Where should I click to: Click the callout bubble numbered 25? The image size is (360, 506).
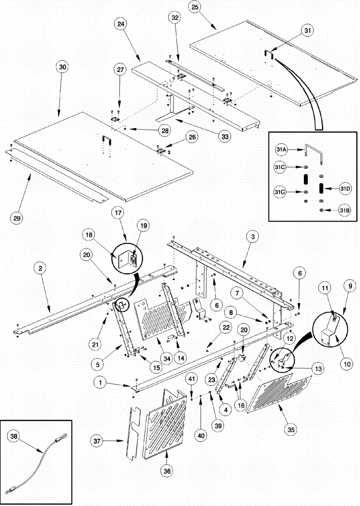tap(195, 8)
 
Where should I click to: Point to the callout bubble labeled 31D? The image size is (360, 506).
tap(345, 189)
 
